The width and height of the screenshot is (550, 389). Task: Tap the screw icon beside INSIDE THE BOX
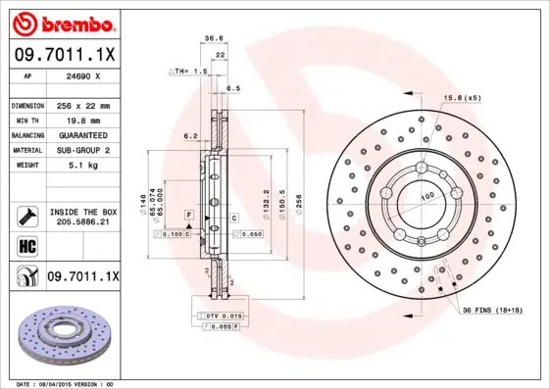point(25,215)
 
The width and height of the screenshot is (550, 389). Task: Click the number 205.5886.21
point(83,223)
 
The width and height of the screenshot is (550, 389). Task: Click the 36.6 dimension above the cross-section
point(213,39)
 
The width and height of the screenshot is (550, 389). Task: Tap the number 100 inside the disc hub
point(428,198)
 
